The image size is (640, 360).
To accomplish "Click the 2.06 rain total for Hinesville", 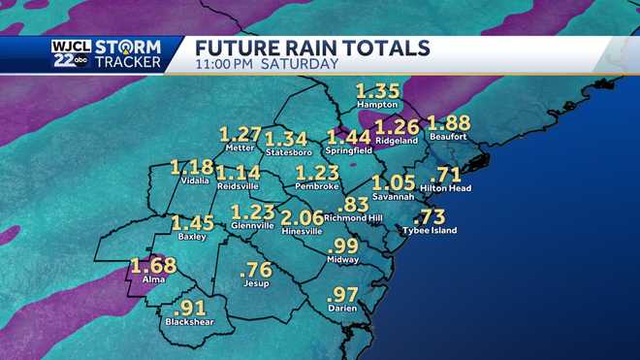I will pyautogui.click(x=302, y=217).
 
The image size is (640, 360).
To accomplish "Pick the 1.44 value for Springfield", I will pyautogui.click(x=349, y=138).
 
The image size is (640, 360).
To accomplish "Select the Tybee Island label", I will pyautogui.click(x=431, y=231).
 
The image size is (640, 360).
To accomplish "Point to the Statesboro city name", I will pyautogui.click(x=287, y=151).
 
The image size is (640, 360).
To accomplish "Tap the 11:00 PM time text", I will pyautogui.click(x=224, y=65).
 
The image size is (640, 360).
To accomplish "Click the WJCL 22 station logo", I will pyautogui.click(x=69, y=53).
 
